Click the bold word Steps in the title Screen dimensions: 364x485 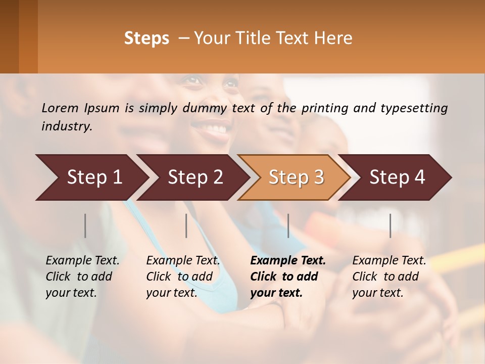(x=147, y=38)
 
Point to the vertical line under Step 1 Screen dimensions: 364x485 (x=85, y=225)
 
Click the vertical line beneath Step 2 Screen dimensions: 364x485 (x=186, y=225)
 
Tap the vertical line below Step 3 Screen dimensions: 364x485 (x=288, y=225)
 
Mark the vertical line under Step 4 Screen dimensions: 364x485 (x=390, y=225)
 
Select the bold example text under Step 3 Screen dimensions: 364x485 (x=288, y=277)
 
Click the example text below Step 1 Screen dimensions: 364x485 (x=82, y=277)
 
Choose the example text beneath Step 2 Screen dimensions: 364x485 (x=183, y=277)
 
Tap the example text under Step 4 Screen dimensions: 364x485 (x=389, y=277)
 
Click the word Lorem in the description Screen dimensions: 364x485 (x=60, y=108)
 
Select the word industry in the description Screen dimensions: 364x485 (x=67, y=126)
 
